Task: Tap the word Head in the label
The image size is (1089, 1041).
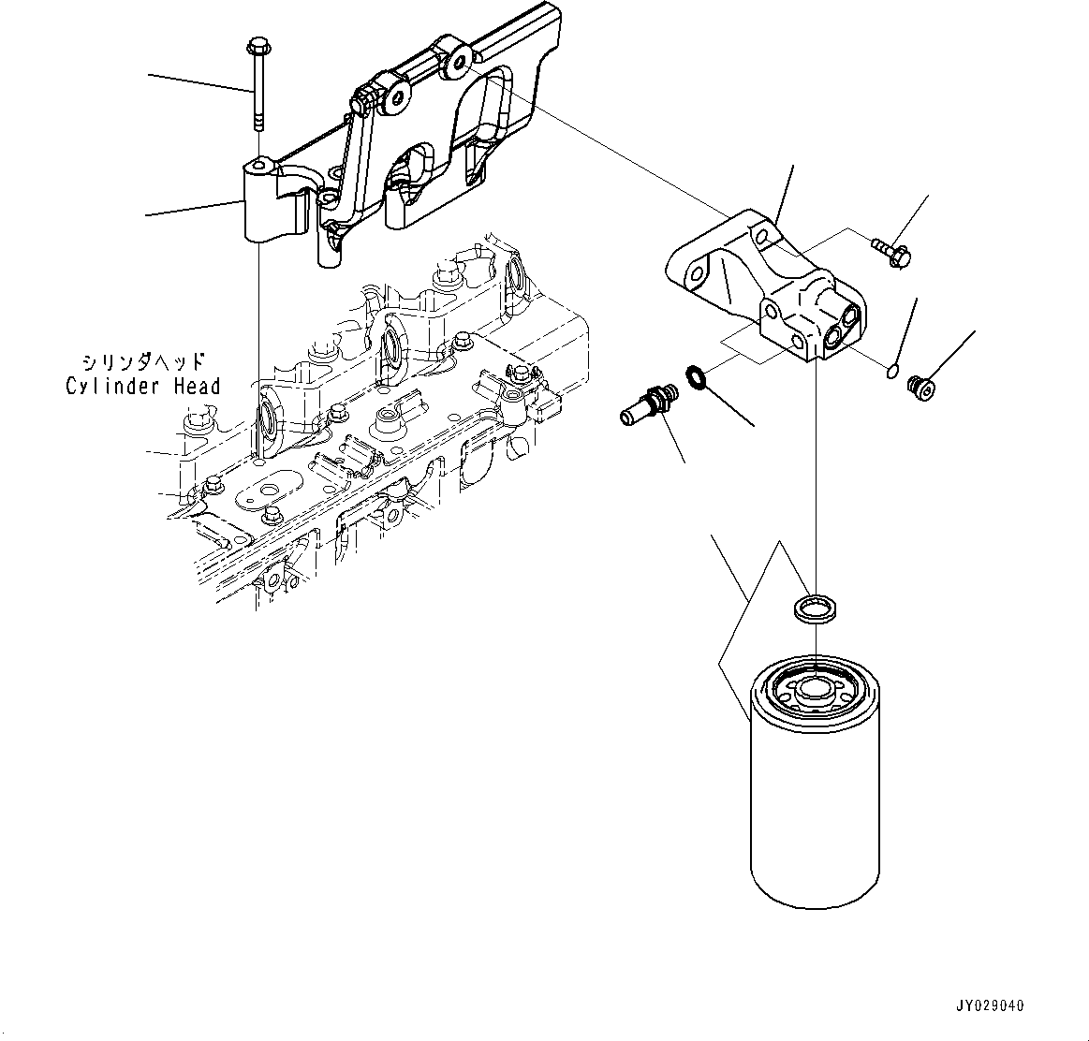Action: tap(197, 387)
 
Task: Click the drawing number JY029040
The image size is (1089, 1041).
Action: tap(990, 1006)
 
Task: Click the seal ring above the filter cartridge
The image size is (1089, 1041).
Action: tap(813, 608)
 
